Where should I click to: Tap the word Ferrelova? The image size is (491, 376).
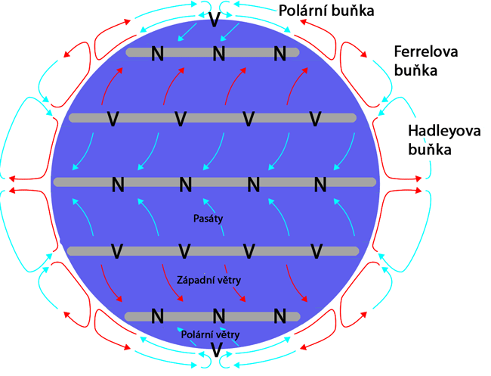coord(428,52)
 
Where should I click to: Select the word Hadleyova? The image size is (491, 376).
coord(441,130)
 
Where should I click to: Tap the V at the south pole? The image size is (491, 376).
coord(216,350)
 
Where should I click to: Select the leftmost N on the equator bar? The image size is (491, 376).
coord(118,184)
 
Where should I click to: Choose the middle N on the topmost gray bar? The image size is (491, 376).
coord(219,53)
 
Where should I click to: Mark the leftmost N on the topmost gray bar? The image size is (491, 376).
coord(157,53)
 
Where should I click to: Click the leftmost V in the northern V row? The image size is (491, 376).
coord(113,119)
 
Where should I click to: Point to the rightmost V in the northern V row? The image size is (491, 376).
coord(316,119)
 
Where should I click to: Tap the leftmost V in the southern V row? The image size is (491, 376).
coord(117,251)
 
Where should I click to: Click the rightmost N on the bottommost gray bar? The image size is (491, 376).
coord(280,315)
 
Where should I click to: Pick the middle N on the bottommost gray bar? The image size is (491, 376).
coord(219,315)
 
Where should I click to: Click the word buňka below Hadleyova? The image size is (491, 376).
coord(429,149)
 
